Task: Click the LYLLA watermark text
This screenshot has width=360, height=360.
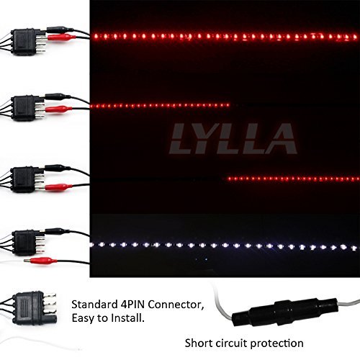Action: point(234,138)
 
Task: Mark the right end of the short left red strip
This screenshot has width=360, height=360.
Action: point(228,105)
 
